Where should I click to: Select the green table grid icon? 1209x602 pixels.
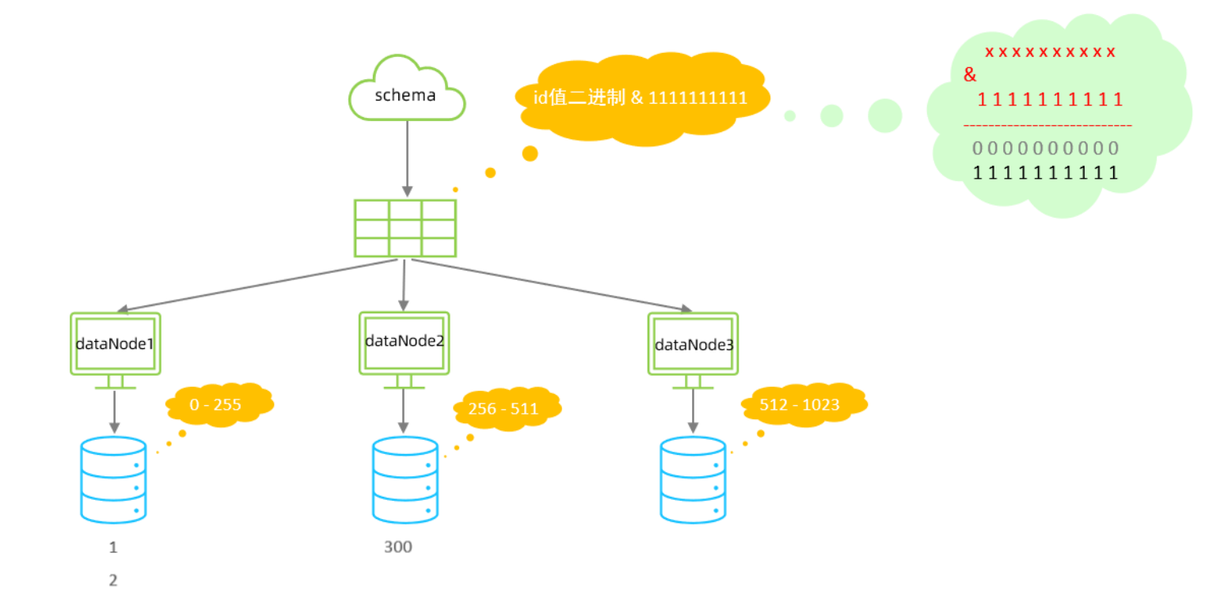point(405,228)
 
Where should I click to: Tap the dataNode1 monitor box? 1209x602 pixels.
point(116,344)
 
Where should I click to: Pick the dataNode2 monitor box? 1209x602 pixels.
point(405,342)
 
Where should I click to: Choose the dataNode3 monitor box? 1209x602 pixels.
point(693,344)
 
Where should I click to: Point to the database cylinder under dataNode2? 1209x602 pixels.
point(405,479)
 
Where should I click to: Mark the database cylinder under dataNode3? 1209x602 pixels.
point(693,479)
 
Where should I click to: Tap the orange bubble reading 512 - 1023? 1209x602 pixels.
point(802,404)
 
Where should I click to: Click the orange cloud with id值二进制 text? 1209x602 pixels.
point(641,98)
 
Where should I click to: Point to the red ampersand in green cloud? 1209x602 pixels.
point(970,76)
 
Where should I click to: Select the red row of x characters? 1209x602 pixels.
point(1050,52)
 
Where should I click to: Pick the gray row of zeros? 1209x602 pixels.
point(1045,148)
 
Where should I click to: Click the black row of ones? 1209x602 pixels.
point(1045,172)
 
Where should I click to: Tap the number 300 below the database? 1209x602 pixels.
point(398,547)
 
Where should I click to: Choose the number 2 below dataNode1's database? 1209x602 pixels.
point(113,580)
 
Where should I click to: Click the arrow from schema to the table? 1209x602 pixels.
point(407,158)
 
